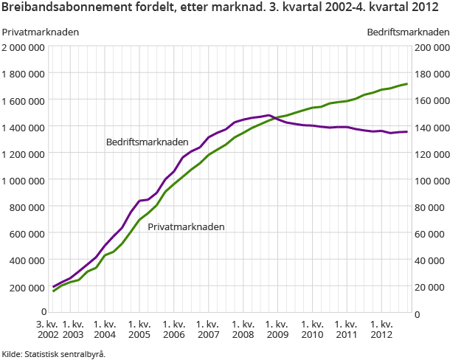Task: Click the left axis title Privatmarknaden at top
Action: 41,32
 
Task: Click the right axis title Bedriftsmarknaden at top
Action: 408,32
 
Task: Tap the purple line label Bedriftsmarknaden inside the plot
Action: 147,142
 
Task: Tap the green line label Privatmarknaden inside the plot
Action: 186,227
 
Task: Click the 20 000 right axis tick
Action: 432,286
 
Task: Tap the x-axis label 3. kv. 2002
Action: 49,330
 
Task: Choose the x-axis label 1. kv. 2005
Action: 140,330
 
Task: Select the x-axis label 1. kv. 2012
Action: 381,330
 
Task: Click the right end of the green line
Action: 407,83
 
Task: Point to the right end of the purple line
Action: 407,131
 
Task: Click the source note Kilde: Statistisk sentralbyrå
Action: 54,353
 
